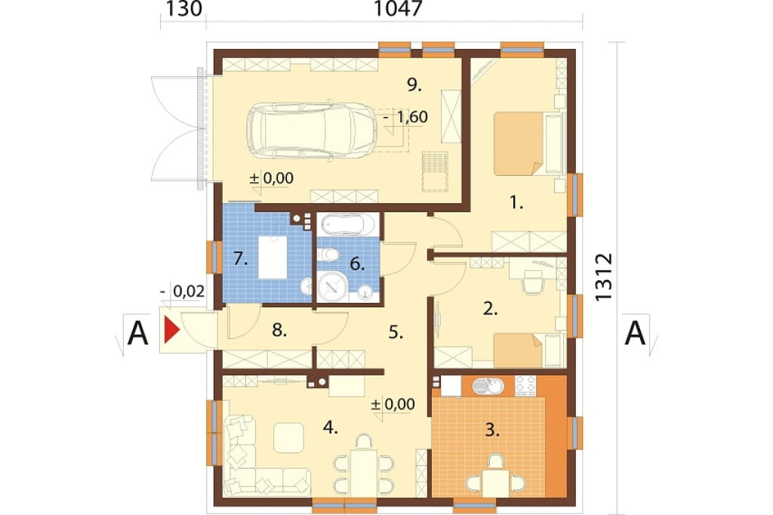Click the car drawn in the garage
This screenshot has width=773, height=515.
305,131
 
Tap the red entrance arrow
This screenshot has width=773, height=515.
171,330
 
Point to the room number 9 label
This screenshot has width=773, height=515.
414,85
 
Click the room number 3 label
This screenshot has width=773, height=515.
492,430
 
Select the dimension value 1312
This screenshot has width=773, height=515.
604,276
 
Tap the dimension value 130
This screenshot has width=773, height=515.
183,9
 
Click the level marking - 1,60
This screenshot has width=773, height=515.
405,117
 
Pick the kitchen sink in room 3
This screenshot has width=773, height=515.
488,386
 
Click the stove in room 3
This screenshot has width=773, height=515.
525,385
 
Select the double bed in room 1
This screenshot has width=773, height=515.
528,143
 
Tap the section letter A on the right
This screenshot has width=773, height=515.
635,333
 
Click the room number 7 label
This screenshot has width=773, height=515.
241,258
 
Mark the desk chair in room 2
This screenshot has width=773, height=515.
532,282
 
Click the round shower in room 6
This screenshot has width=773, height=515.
333,286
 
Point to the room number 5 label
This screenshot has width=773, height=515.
396,332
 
